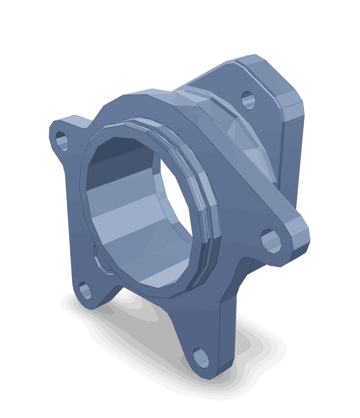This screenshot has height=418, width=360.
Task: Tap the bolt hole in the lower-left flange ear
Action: pyautogui.click(x=85, y=290)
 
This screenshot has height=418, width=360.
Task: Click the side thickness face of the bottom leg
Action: pyautogui.click(x=227, y=331)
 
